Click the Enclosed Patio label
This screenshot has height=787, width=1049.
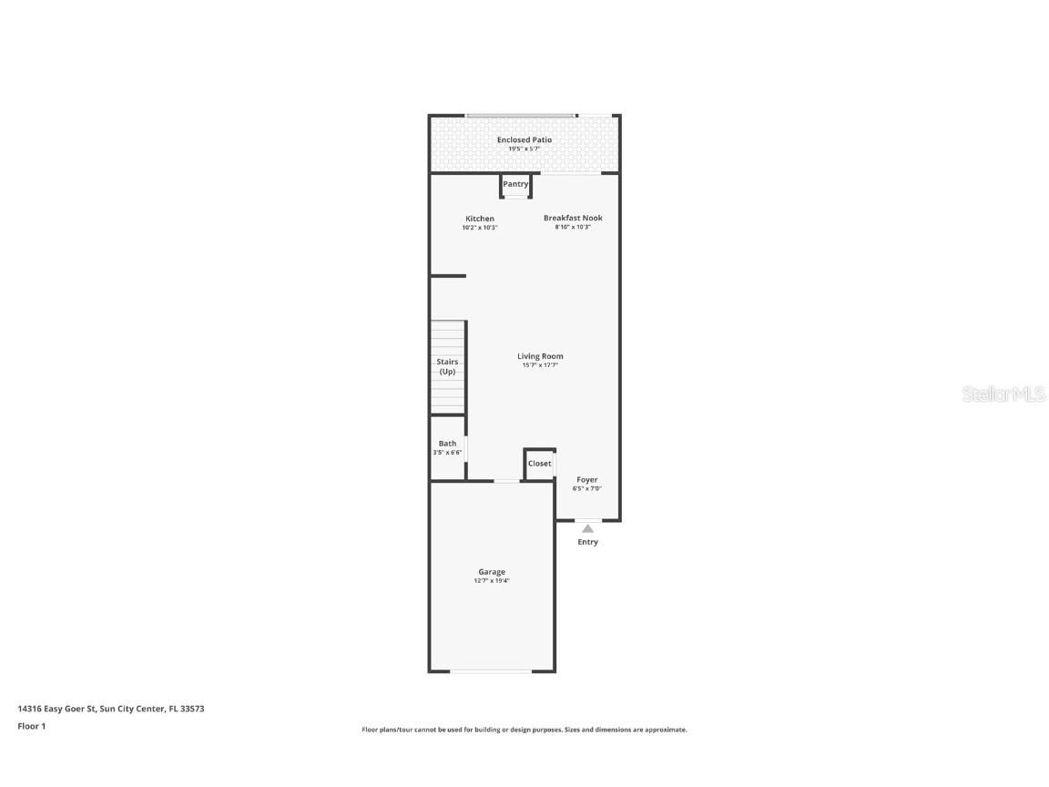pos(524,139)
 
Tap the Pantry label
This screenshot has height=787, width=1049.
pos(515,184)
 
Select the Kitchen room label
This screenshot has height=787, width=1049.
pos(480,219)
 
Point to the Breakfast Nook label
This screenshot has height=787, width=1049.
pos(573,218)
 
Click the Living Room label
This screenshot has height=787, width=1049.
pos(540,356)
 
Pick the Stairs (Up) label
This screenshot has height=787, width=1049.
pos(447,367)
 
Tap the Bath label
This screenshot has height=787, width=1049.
pos(447,444)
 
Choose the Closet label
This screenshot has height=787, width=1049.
pos(540,464)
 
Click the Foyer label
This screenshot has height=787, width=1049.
pos(587,479)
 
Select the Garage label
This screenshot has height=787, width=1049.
pos(492,572)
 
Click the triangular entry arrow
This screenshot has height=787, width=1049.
pos(588,528)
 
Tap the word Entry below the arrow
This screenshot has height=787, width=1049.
pos(588,542)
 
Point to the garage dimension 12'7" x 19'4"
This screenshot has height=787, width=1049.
pos(492,580)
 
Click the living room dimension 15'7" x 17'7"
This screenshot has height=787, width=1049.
pos(540,365)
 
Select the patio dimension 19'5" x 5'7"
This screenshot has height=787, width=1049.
pos(524,148)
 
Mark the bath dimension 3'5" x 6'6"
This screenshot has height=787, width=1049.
pos(447,453)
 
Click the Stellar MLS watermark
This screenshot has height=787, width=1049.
pos(1003,394)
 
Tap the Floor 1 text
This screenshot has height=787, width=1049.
pos(31,726)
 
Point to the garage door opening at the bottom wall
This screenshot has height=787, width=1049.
pos(491,671)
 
